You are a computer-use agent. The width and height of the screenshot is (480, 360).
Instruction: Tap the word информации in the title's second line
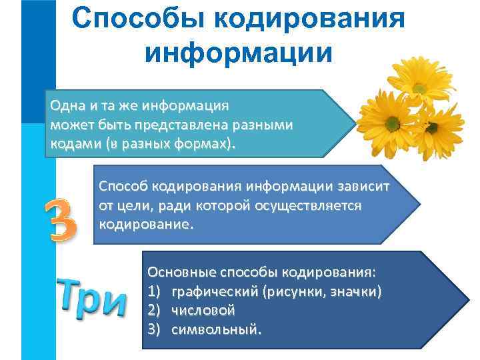pyautogui.click(x=239, y=51)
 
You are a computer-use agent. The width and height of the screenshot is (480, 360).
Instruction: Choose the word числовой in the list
pyautogui.click(x=203, y=310)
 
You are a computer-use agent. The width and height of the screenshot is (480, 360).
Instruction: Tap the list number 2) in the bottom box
pyautogui.click(x=154, y=310)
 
